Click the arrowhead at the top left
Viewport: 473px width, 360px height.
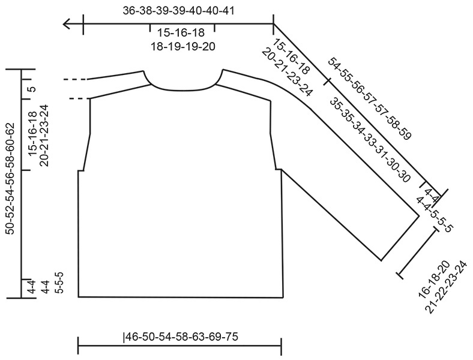coord(67,24)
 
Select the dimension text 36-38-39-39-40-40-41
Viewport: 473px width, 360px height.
coord(179,11)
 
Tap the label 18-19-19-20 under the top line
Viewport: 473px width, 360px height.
coord(183,46)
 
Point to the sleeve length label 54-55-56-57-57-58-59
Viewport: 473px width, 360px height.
coord(370,98)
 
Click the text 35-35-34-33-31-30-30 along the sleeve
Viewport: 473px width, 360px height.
coord(370,139)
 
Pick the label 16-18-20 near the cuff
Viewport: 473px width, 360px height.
coord(434,279)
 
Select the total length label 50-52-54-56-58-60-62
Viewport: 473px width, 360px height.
coord(11,178)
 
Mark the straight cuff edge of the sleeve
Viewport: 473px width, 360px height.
coord(400,238)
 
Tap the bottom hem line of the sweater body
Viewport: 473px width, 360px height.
coord(181,297)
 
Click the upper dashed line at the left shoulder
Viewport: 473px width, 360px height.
coord(76,79)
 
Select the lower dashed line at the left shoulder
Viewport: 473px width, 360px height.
coord(80,98)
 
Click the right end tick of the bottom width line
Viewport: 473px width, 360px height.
coord(282,346)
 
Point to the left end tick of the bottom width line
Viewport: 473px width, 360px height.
coord(78,346)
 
